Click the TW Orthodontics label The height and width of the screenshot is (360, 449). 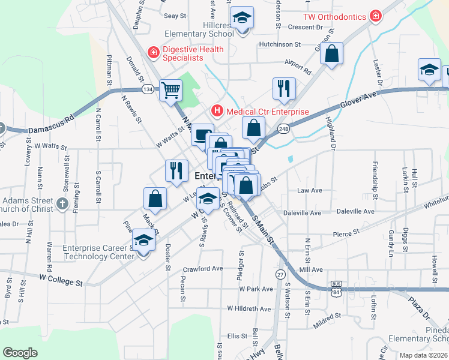(334, 16)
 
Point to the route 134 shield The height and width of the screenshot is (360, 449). (148, 89)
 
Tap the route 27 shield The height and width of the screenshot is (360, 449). (280, 274)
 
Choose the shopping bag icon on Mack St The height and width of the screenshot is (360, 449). (155, 200)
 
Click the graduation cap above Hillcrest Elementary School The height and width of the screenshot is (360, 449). (242, 18)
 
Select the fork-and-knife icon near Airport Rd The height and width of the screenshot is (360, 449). (283, 88)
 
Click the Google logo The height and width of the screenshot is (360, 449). (20, 353)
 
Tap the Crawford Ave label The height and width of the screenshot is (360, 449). (203, 269)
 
